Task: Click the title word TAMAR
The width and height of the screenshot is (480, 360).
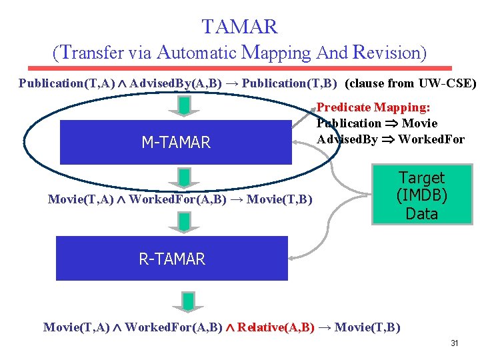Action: (x=239, y=27)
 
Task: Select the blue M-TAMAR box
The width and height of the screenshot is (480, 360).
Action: (x=176, y=142)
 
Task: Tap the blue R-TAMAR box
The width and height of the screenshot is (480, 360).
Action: (x=172, y=259)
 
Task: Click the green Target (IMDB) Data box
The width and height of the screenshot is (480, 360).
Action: (x=421, y=196)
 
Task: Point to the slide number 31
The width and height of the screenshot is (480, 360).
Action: (x=455, y=343)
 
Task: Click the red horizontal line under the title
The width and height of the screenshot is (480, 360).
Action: (x=239, y=68)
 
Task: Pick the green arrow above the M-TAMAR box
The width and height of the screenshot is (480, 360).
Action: (x=186, y=105)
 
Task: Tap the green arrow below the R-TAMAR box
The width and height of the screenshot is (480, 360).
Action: (x=189, y=301)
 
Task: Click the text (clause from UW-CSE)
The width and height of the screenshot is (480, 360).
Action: (x=412, y=84)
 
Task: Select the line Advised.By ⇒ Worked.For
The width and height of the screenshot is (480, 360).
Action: (x=390, y=139)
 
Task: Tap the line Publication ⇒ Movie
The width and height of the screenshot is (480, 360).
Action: (x=377, y=123)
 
